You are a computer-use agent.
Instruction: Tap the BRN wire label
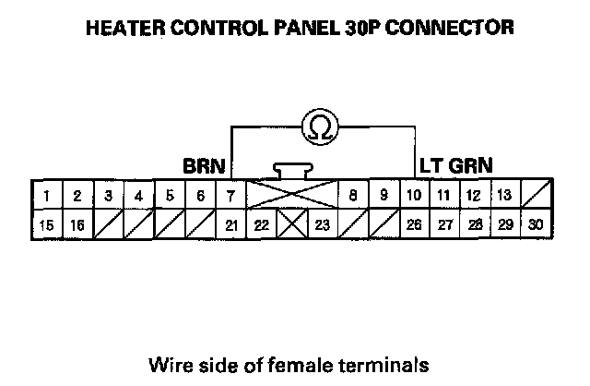[204, 167]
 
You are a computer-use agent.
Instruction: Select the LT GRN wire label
[455, 167]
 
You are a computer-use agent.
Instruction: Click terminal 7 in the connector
[230, 196]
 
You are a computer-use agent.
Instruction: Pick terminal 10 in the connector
[414, 196]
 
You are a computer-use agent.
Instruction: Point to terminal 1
[46, 196]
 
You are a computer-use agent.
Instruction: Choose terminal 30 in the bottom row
[536, 224]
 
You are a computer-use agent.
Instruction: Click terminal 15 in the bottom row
[46, 224]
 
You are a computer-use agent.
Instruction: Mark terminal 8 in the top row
[352, 196]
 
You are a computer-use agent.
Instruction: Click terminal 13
[503, 196]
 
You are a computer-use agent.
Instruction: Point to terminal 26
[414, 224]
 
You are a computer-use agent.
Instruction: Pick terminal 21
[230, 224]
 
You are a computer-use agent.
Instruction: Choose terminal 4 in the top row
[138, 196]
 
